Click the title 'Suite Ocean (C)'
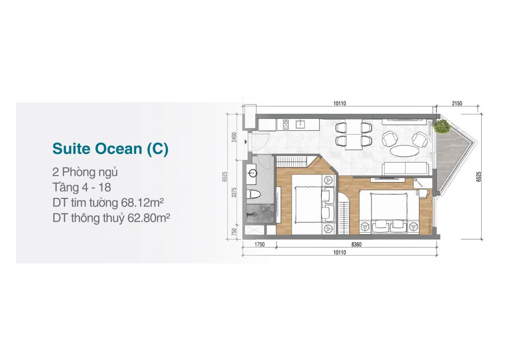click(110, 149)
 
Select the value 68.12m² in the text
click(142, 202)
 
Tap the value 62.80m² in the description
click(149, 218)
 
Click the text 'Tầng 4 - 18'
click(82, 187)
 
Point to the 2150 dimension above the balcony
click(457, 103)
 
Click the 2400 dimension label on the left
click(235, 137)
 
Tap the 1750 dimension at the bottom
click(259, 245)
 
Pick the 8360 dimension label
click(356, 245)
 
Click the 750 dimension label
click(235, 232)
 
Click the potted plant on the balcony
click(442, 126)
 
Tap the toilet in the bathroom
click(254, 194)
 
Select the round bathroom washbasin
click(252, 173)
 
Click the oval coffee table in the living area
click(404, 151)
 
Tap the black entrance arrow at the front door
click(246, 142)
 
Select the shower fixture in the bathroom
click(251, 214)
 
